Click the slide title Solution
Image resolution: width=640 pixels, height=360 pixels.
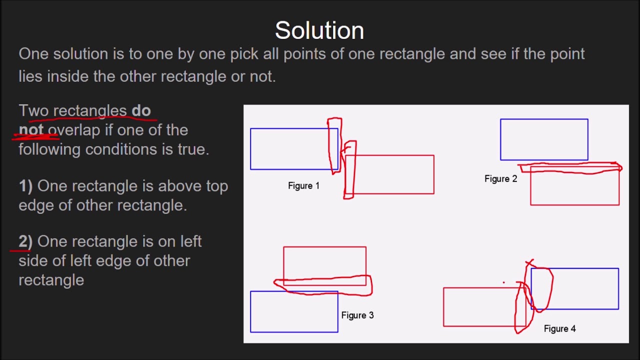tap(319, 30)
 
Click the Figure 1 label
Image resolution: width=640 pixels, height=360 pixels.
tap(303, 185)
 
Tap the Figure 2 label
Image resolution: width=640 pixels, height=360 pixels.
tap(500, 178)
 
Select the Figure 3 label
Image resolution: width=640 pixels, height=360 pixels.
tap(357, 315)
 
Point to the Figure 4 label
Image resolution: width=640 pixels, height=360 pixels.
tap(559, 328)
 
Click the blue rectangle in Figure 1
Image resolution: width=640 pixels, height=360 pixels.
tap(290, 149)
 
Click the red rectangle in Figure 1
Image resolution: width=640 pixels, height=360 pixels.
tap(395, 174)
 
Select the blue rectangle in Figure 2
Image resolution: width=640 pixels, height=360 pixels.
tap(544, 139)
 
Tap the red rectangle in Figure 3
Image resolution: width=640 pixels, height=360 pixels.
tap(324, 262)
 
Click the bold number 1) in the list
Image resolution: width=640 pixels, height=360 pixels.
tap(25, 186)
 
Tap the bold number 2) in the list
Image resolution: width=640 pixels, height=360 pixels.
tap(25, 241)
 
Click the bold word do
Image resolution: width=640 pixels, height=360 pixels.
tap(141, 110)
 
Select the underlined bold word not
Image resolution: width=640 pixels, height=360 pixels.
tap(31, 130)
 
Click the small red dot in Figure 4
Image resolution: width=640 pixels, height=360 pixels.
tap(503, 282)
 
